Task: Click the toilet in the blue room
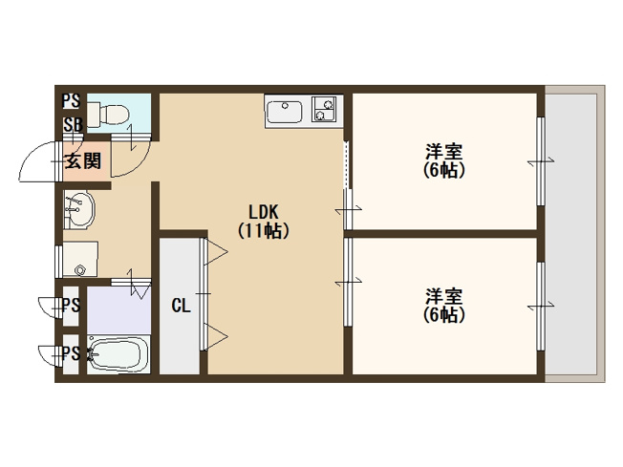click(108, 113)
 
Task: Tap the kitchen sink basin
click(285, 112)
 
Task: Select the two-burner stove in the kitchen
click(324, 109)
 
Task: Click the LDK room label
click(264, 212)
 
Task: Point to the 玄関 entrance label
click(82, 160)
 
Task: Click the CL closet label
click(181, 306)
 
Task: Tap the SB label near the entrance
click(74, 125)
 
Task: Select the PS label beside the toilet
click(71, 101)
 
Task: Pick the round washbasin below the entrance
click(79, 209)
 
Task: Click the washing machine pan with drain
click(80, 259)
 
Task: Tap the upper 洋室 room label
click(443, 152)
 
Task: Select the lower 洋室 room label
click(443, 296)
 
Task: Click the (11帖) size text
click(264, 230)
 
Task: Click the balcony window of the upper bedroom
click(541, 161)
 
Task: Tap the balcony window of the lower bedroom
click(541, 307)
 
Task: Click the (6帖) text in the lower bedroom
click(443, 315)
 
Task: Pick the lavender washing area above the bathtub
click(118, 310)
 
